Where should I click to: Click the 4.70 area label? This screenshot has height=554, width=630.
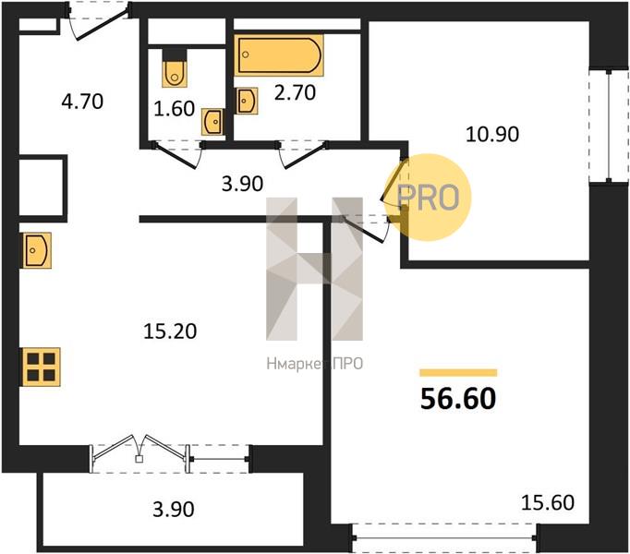point(82,102)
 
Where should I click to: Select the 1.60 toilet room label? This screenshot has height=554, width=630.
point(175,108)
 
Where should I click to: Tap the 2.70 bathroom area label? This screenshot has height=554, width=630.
point(295,92)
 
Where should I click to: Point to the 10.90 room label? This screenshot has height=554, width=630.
point(492,134)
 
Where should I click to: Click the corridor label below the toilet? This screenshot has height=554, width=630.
point(243,184)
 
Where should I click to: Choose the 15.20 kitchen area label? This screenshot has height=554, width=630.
point(170,331)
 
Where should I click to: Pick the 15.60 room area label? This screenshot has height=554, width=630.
point(548,502)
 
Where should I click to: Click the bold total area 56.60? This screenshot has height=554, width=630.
point(458,399)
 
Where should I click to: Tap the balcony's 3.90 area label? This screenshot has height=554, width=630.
point(174,509)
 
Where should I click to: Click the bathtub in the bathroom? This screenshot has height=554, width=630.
point(279,55)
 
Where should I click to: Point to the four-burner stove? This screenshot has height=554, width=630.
point(42,367)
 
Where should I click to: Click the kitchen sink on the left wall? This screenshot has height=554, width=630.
point(36,250)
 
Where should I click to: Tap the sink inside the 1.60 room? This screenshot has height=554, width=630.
point(212,121)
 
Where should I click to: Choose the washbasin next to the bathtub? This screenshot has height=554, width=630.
point(246,101)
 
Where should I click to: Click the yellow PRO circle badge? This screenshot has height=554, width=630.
point(427,198)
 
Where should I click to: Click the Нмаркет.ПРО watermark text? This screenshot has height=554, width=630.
point(315,364)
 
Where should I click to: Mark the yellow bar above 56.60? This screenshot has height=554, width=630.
point(458,373)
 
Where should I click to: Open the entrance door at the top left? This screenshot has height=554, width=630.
point(99,20)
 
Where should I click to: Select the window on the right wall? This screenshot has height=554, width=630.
point(609,126)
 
